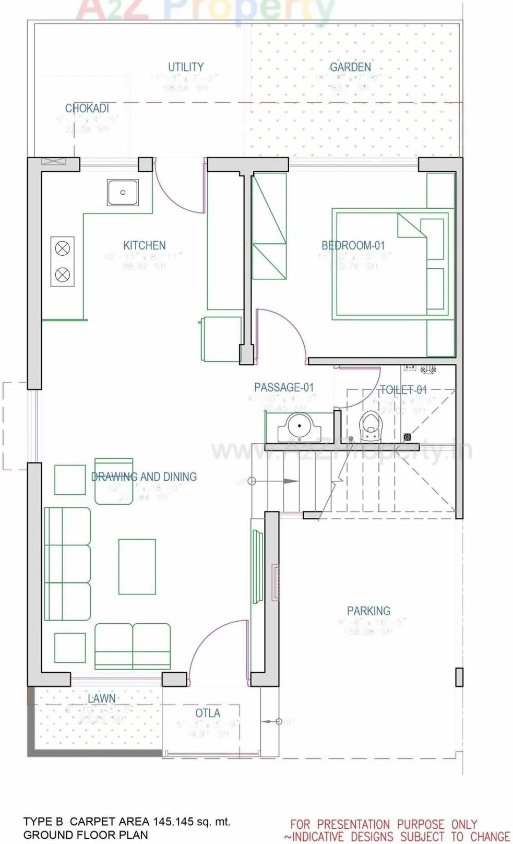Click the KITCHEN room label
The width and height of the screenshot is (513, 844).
click(x=145, y=245)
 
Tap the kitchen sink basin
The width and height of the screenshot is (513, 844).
click(x=123, y=192)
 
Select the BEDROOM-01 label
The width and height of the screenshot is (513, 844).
click(x=353, y=245)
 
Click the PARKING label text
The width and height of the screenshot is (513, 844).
click(x=368, y=611)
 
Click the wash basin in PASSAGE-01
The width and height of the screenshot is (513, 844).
click(x=300, y=427)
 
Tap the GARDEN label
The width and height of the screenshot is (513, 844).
click(x=350, y=67)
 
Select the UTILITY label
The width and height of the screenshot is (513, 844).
click(x=186, y=67)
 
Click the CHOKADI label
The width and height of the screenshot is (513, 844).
click(x=87, y=108)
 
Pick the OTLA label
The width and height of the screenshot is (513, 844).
click(x=208, y=713)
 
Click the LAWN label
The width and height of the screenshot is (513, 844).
click(x=102, y=698)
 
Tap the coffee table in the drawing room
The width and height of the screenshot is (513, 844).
click(x=137, y=567)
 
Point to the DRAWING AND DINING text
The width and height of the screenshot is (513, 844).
click(x=144, y=477)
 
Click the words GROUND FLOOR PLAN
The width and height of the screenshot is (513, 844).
click(x=86, y=835)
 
